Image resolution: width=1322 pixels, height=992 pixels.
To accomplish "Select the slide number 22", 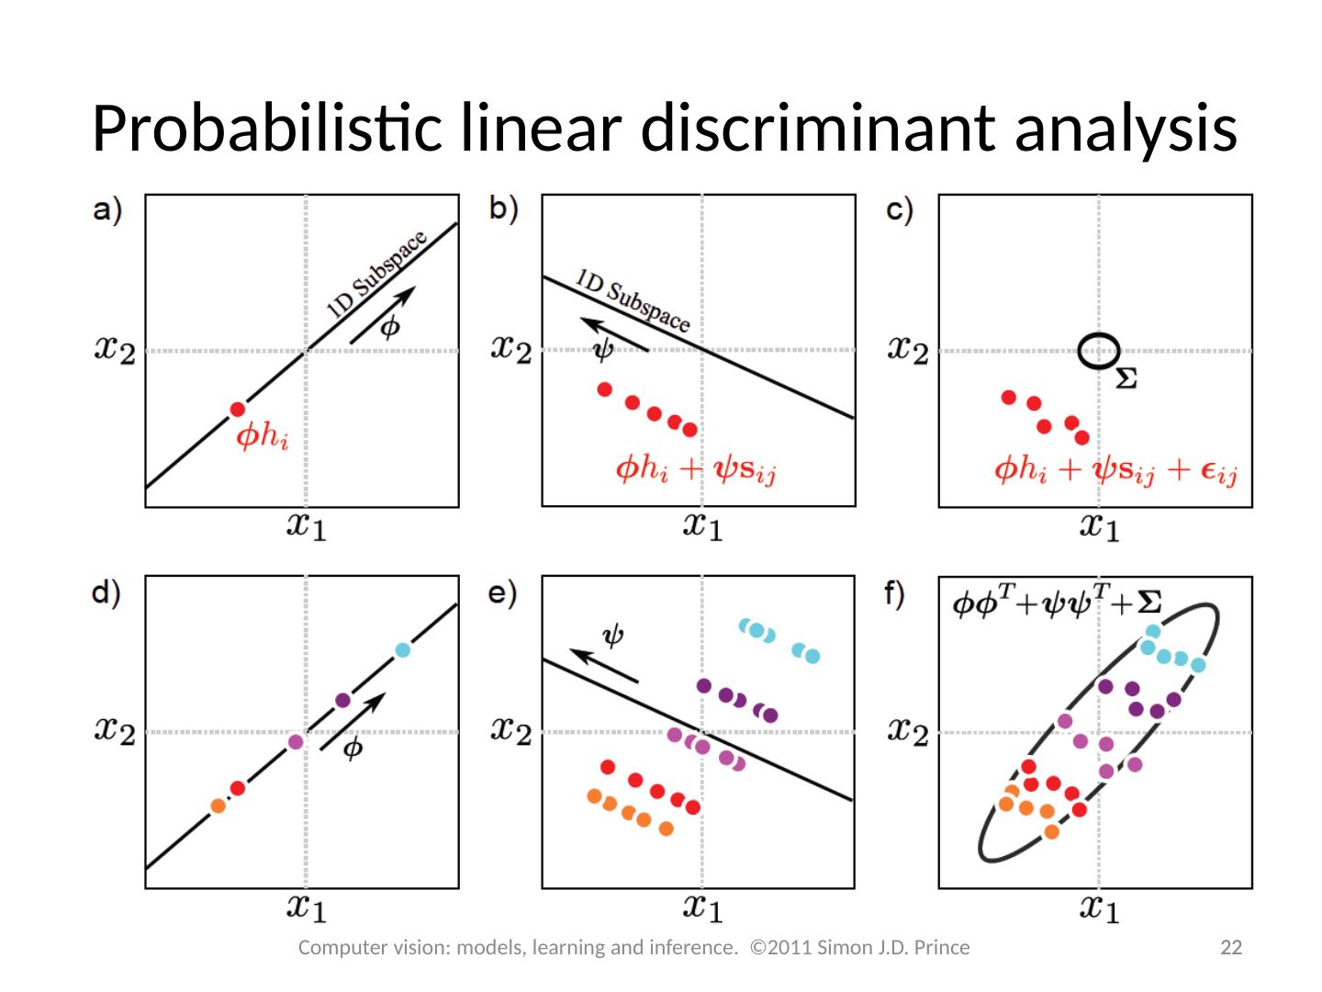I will coord(1230,948).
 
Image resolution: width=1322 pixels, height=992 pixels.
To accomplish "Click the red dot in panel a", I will coord(238,410).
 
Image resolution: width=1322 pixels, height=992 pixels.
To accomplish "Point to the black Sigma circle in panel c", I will coord(1098,351).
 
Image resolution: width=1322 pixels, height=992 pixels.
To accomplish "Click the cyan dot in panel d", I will coord(402,650).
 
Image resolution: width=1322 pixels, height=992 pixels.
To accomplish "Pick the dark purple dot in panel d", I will coord(342,701).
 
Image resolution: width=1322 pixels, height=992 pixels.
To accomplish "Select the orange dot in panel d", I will coord(218,806).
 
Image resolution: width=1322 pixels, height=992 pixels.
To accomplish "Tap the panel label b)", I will coord(504,209).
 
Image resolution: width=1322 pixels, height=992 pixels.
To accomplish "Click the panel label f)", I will coord(895,593).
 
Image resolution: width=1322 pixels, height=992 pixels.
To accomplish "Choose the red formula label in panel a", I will coord(263,435).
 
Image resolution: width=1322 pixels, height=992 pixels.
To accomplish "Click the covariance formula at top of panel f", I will coord(1057,603).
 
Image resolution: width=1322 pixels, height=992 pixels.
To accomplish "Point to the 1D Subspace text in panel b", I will coord(633,299).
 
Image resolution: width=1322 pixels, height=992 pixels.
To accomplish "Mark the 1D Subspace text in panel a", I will coord(377,274).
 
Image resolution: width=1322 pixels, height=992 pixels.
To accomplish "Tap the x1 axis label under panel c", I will coord(1099,526).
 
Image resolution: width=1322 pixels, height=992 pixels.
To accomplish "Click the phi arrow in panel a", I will coord(383,315).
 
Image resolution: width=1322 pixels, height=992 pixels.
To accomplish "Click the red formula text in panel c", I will coord(1115,470).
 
